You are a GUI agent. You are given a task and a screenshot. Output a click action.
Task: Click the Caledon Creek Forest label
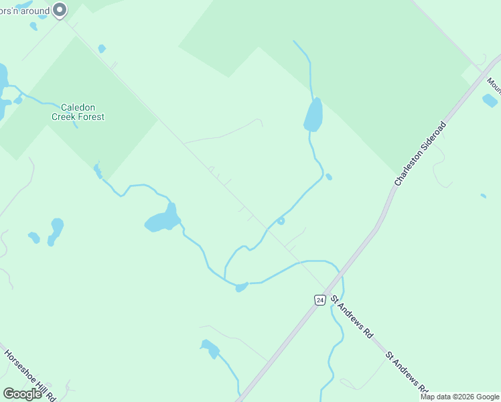(78, 112)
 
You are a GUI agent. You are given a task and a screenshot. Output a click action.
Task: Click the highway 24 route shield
(320, 299)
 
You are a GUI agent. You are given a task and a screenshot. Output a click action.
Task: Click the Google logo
(22, 394)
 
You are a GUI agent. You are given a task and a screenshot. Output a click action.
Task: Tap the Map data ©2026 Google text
(459, 397)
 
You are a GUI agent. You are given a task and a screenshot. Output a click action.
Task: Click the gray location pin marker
(60, 10)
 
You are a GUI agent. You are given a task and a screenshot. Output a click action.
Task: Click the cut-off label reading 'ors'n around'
(25, 10)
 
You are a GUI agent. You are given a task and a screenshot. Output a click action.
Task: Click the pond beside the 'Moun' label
(490, 100)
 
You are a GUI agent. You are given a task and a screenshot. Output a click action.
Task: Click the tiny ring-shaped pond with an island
(281, 221)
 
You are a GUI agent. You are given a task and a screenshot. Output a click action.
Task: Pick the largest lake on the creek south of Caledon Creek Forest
(163, 220)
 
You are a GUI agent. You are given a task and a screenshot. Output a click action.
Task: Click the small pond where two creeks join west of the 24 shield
(241, 287)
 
